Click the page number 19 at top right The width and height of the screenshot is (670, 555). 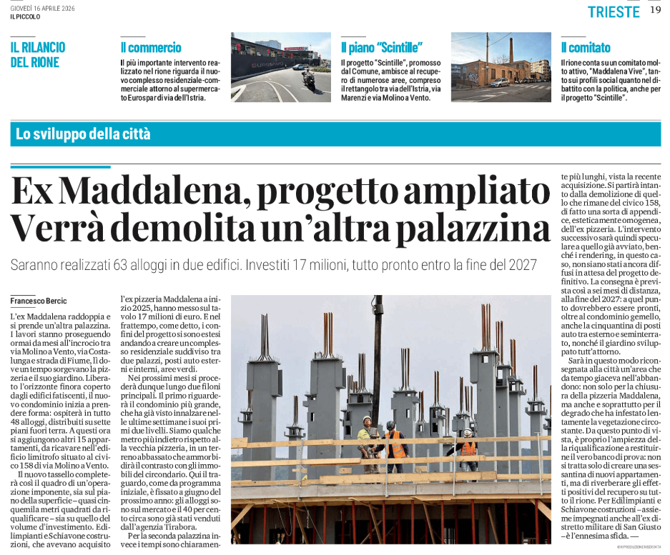pos(655,11)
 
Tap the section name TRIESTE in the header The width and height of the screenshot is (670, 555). pos(614,11)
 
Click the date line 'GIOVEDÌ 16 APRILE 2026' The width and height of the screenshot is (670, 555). pos(41,8)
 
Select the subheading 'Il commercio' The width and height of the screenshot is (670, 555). pos(151,48)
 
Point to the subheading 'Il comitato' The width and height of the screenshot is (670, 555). pos(586,48)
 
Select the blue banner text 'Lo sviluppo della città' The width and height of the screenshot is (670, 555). pos(83,134)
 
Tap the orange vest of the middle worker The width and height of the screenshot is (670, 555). pos(394,444)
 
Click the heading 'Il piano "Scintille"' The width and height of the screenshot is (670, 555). pos(381,48)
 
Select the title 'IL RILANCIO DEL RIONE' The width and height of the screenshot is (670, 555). pos(38,55)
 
